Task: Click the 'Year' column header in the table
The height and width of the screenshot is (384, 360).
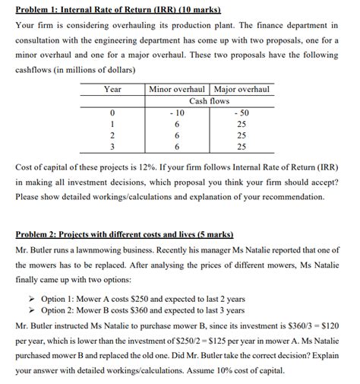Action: (112, 90)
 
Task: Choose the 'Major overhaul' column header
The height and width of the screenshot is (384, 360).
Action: (242, 90)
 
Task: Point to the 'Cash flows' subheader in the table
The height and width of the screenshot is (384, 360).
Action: (209, 100)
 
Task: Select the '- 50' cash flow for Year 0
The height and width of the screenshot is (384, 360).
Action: (242, 112)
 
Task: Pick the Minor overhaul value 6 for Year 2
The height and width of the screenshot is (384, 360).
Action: (176, 134)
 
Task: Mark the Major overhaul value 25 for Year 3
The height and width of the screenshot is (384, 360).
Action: (242, 145)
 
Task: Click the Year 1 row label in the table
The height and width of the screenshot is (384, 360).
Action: (112, 123)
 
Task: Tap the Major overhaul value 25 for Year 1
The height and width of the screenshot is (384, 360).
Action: (242, 123)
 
